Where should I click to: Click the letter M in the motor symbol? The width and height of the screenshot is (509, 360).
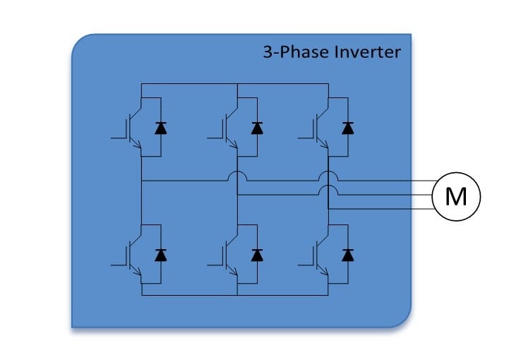pos(456,196)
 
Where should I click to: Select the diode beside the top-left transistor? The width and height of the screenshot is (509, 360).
pos(161,128)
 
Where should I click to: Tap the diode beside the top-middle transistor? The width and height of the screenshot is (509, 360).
pos(257,128)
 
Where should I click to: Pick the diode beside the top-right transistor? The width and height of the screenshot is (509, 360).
pos(347,128)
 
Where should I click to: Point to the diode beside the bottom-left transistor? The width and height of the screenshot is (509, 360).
pos(161,254)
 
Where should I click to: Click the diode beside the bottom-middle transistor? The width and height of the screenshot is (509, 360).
pos(257,254)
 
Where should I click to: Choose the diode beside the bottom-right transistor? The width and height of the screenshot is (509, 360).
pos(347,254)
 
